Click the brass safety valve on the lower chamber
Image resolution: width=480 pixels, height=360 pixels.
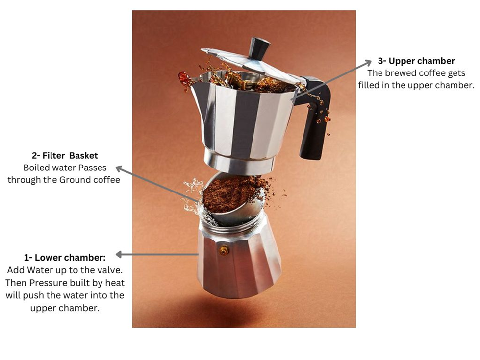pyautogui.click(x=224, y=250)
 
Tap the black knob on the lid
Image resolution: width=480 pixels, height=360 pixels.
pyautogui.click(x=259, y=48)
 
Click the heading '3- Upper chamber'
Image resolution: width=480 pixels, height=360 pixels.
pyautogui.click(x=416, y=61)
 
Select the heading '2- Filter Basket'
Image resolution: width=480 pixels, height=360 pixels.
pyautogui.click(x=65, y=155)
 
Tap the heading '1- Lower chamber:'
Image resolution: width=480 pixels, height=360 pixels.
pyautogui.click(x=65, y=258)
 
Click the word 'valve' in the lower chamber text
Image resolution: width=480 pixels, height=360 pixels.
pyautogui.click(x=109, y=270)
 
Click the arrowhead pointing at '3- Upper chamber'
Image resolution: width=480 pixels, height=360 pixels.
pyautogui.click(x=367, y=62)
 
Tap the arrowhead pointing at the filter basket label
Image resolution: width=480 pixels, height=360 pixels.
pyautogui.click(x=120, y=168)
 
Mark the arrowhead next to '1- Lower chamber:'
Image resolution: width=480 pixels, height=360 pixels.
pyautogui.click(x=119, y=254)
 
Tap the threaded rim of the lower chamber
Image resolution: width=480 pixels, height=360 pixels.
pyautogui.click(x=232, y=223)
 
